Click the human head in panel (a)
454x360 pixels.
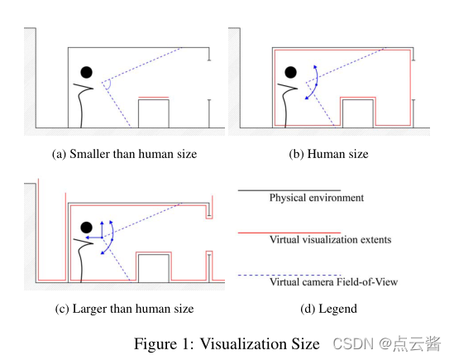pos(85,73)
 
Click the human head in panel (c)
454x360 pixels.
pos(85,226)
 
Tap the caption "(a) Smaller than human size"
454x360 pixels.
pos(125,154)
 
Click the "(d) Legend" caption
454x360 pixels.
pos(330,309)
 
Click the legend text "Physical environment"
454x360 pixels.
pos(316,198)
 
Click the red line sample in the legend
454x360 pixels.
pos(289,233)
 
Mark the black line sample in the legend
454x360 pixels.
pos(289,190)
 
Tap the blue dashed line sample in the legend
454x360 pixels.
pos(289,275)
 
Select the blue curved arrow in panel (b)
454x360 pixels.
pos(311,83)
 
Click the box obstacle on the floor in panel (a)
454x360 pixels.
pos(154,113)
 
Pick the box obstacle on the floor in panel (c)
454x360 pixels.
pos(154,270)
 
